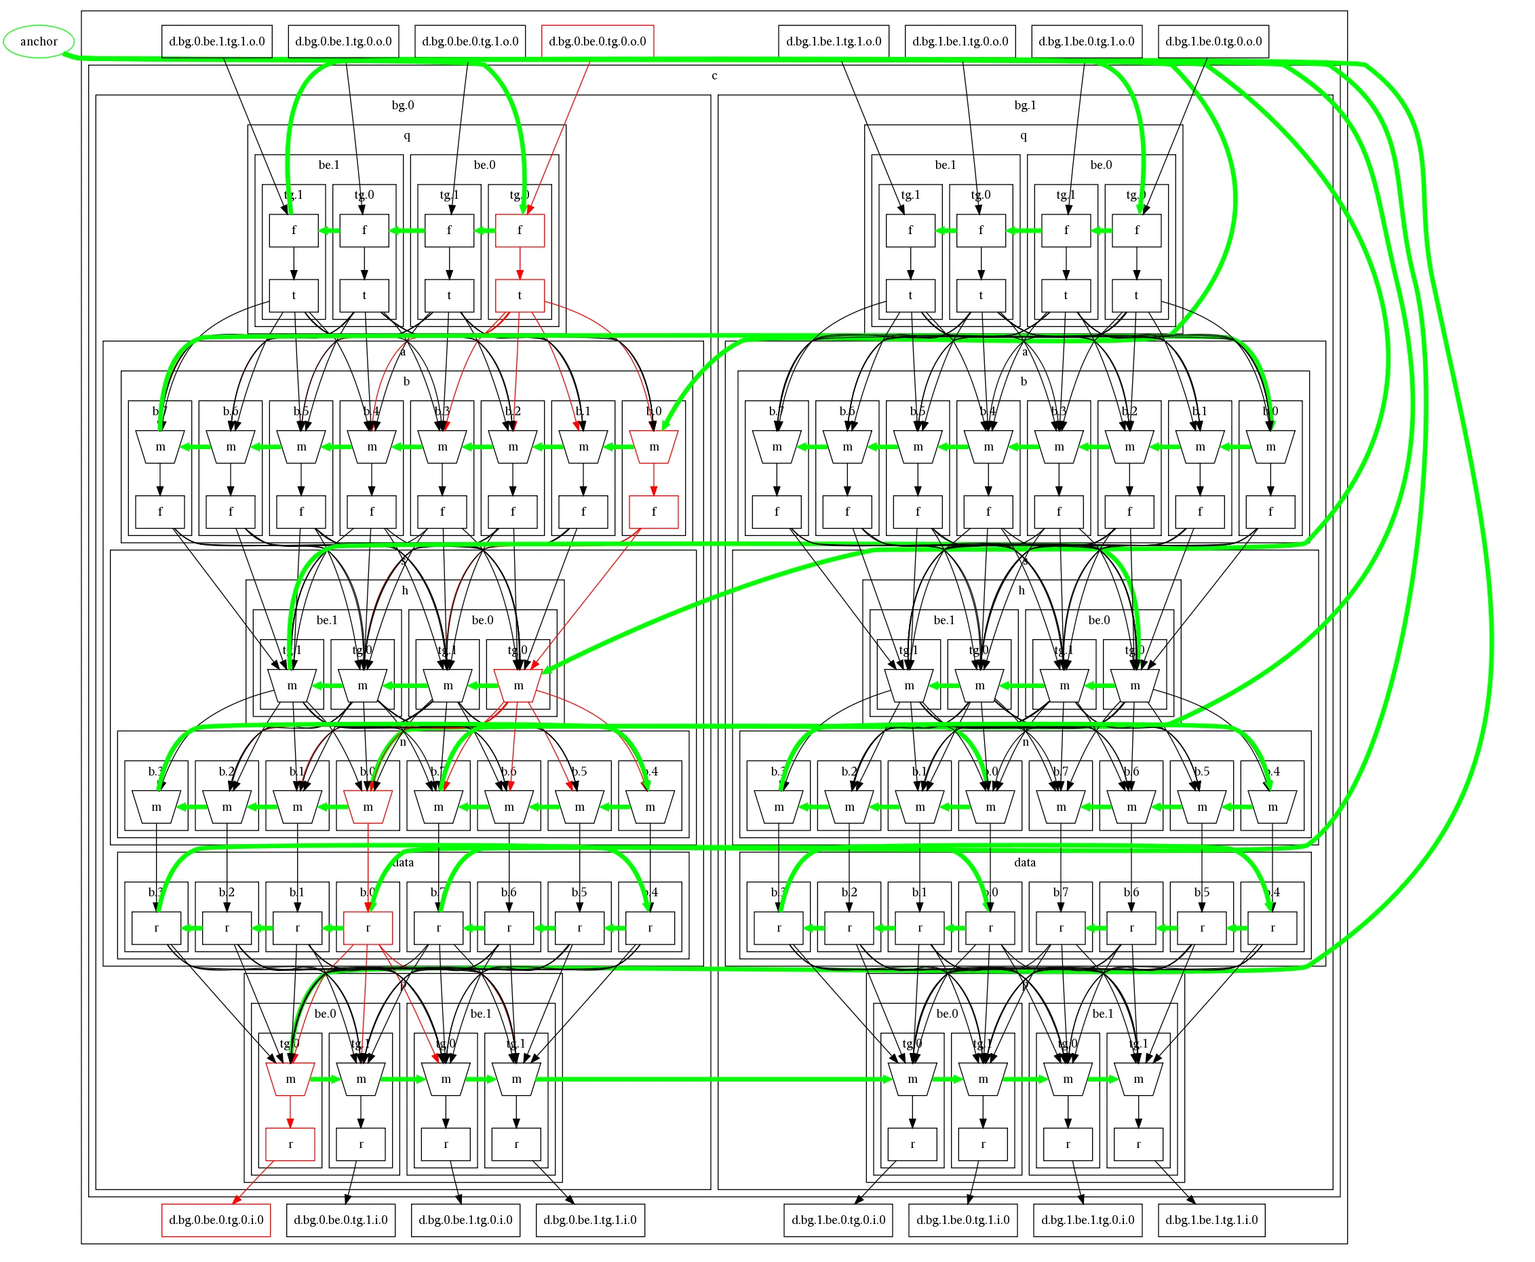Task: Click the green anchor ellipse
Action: (39, 41)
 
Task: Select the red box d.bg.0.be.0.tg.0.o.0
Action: (597, 41)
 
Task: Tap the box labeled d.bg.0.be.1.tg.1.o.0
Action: (216, 41)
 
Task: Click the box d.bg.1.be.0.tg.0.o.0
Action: (1212, 41)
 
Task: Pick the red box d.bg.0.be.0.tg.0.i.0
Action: (216, 1219)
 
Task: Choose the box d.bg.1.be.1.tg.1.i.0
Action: (1211, 1219)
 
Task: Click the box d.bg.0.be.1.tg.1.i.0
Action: (589, 1219)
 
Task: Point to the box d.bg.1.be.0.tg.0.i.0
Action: (838, 1219)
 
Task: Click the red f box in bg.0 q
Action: (519, 231)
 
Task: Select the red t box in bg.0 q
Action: (519, 295)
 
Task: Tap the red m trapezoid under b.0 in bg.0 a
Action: (653, 446)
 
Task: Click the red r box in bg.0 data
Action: (368, 928)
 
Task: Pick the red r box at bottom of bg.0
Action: (290, 1143)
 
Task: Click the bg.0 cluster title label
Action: (403, 105)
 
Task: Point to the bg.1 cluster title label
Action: (1025, 105)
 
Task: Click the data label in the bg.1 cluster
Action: (1025, 862)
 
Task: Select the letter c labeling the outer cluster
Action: (714, 75)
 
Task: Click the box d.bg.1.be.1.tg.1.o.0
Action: (833, 41)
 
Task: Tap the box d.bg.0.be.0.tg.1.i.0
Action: (340, 1219)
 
